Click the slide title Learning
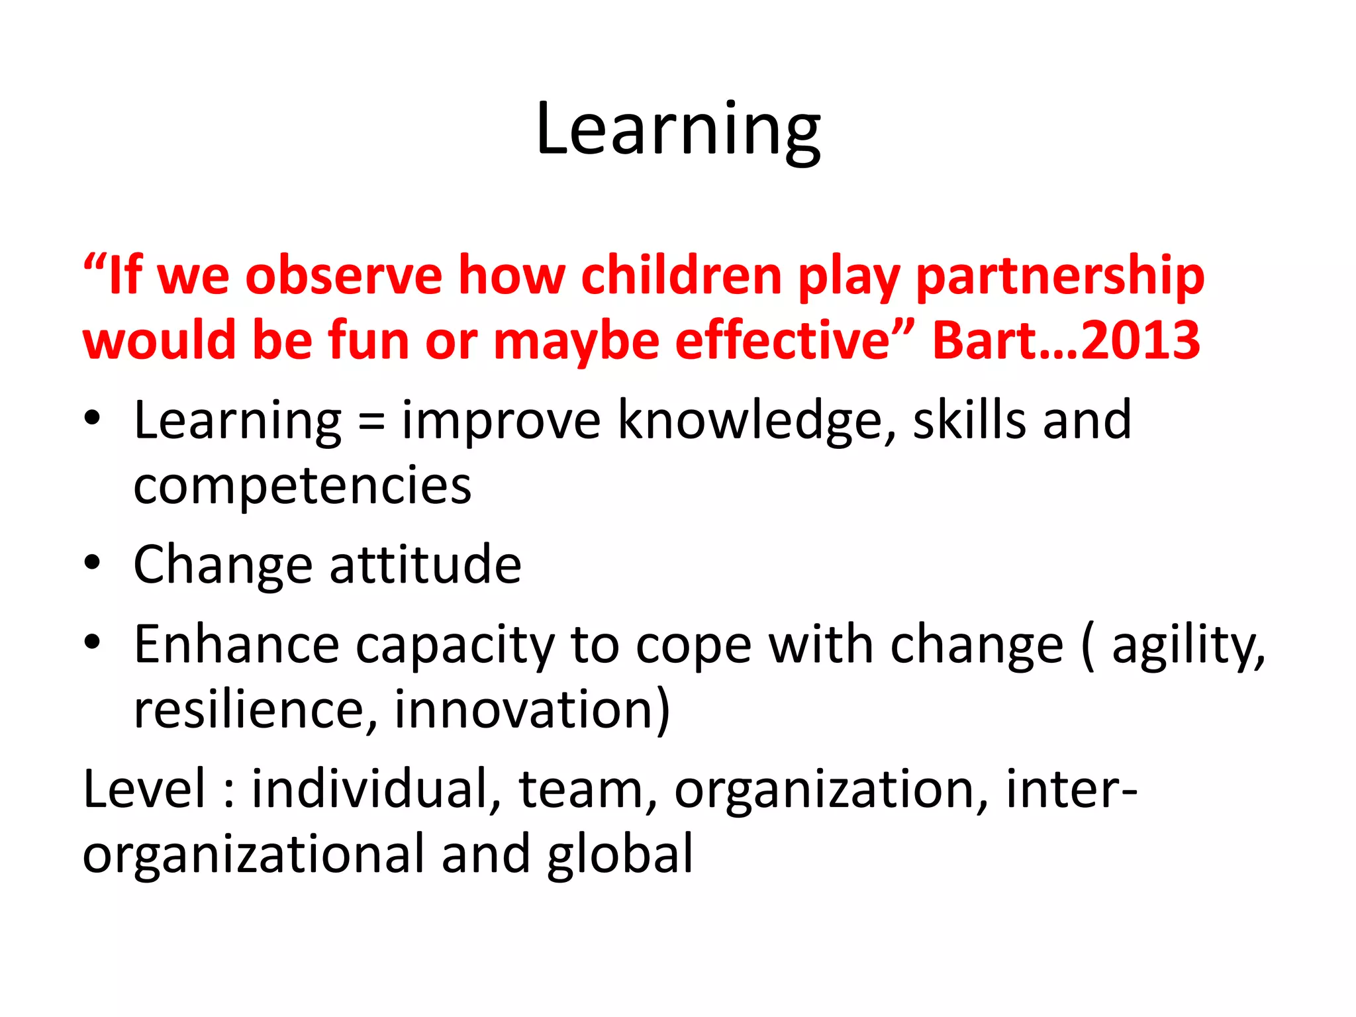pos(678,130)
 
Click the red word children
pos(681,275)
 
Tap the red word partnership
pos(1059,275)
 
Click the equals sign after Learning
pos(371,422)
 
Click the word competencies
pos(303,486)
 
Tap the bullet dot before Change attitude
pos(92,563)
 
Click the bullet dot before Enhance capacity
pos(92,641)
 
